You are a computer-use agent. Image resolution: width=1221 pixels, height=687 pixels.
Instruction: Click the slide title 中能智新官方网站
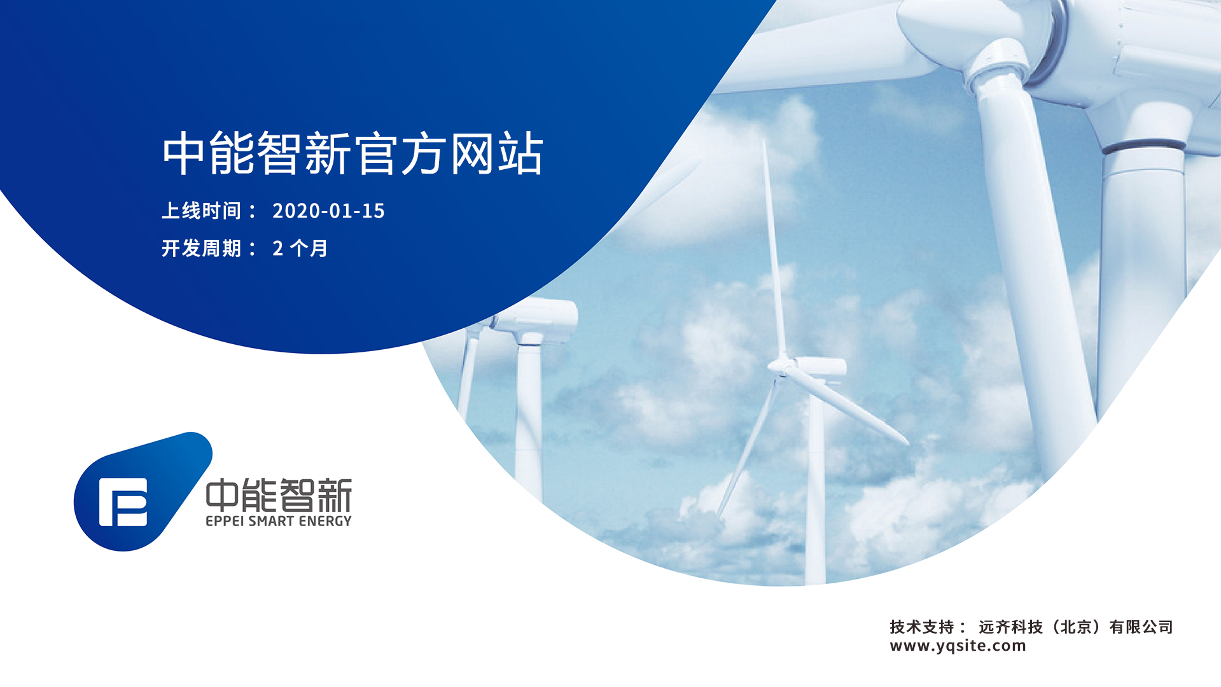point(353,153)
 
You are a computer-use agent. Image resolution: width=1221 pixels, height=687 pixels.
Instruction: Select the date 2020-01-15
point(328,211)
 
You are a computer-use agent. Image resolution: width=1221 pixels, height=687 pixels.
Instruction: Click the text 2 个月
point(300,248)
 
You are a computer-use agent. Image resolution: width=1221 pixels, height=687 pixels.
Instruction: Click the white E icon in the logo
point(123,503)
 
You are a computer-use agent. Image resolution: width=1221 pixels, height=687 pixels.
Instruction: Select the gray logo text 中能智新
point(279,496)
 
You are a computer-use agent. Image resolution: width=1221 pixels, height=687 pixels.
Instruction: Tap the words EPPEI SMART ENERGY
point(279,521)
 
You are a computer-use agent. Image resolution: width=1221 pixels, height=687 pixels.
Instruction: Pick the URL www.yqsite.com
point(958,646)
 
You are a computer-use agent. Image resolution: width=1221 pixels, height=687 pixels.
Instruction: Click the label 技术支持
point(921,627)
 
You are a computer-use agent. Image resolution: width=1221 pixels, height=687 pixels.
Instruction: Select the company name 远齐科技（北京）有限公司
point(1076,627)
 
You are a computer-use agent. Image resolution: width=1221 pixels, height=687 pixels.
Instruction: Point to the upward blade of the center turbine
point(772,248)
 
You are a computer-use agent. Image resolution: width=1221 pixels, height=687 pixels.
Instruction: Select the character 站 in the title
point(521,153)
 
